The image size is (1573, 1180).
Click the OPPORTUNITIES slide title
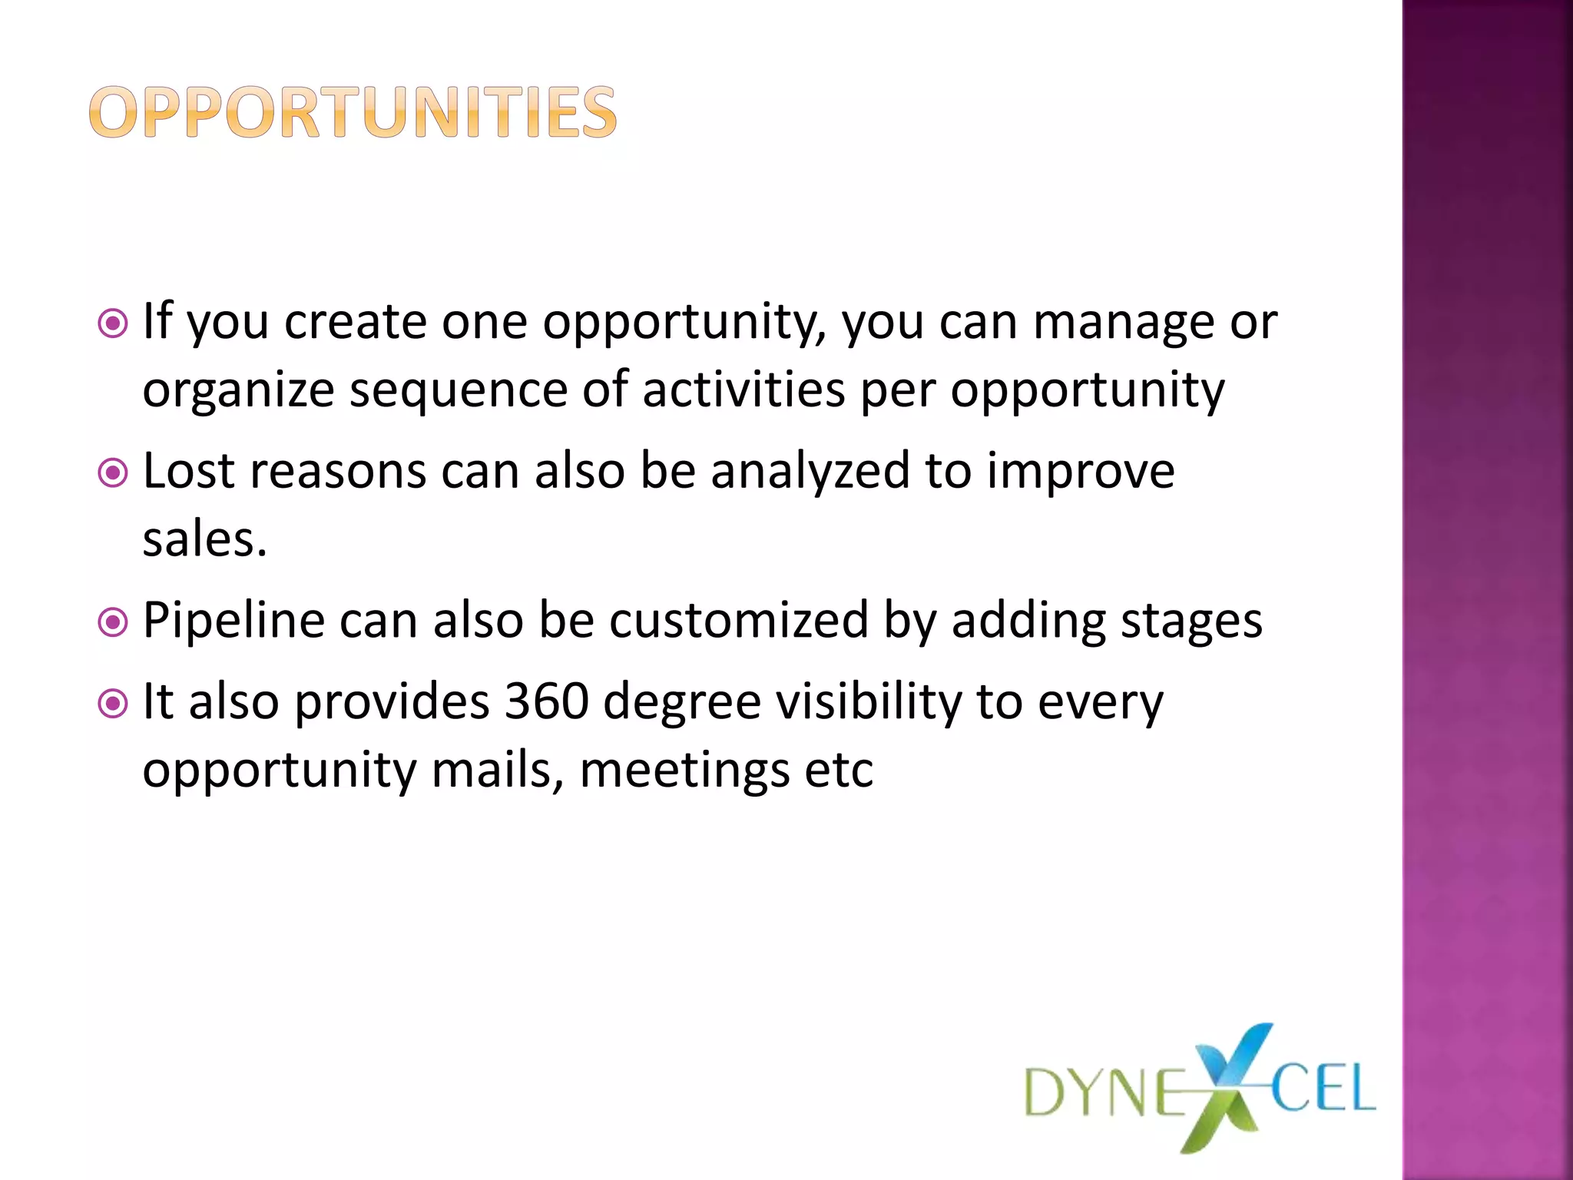[x=353, y=112]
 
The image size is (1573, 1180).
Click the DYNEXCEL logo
[x=1200, y=1089]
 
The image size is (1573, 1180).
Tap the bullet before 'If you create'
[x=114, y=323]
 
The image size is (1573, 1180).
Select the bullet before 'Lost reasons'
[x=114, y=472]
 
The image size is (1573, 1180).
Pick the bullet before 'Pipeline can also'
[x=114, y=621]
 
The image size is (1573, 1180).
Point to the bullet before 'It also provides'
[x=114, y=702]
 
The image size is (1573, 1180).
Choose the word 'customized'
[x=738, y=620]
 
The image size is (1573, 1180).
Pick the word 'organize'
[x=238, y=390]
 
